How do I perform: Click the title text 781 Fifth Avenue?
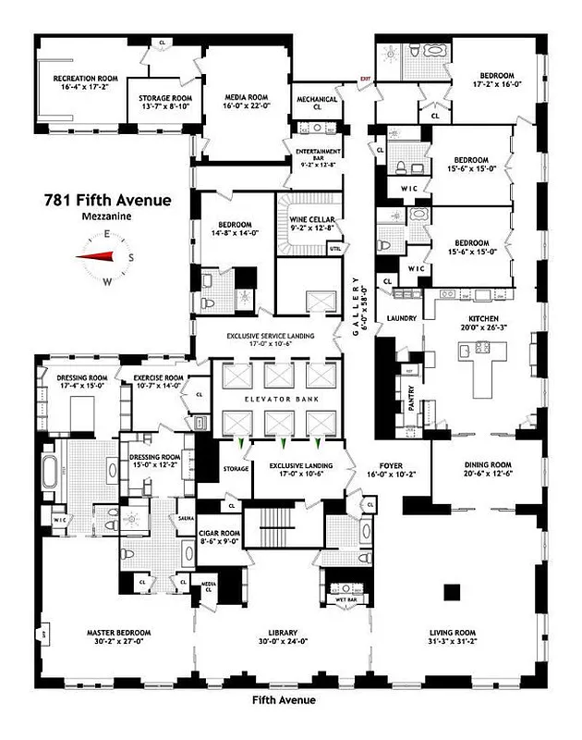(x=107, y=200)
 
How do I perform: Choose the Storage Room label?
(x=164, y=102)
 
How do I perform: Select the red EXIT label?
(x=365, y=79)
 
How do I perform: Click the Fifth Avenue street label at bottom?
(x=284, y=700)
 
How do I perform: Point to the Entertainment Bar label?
(x=320, y=154)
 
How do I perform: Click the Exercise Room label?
(x=159, y=381)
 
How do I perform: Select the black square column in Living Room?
(x=452, y=591)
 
